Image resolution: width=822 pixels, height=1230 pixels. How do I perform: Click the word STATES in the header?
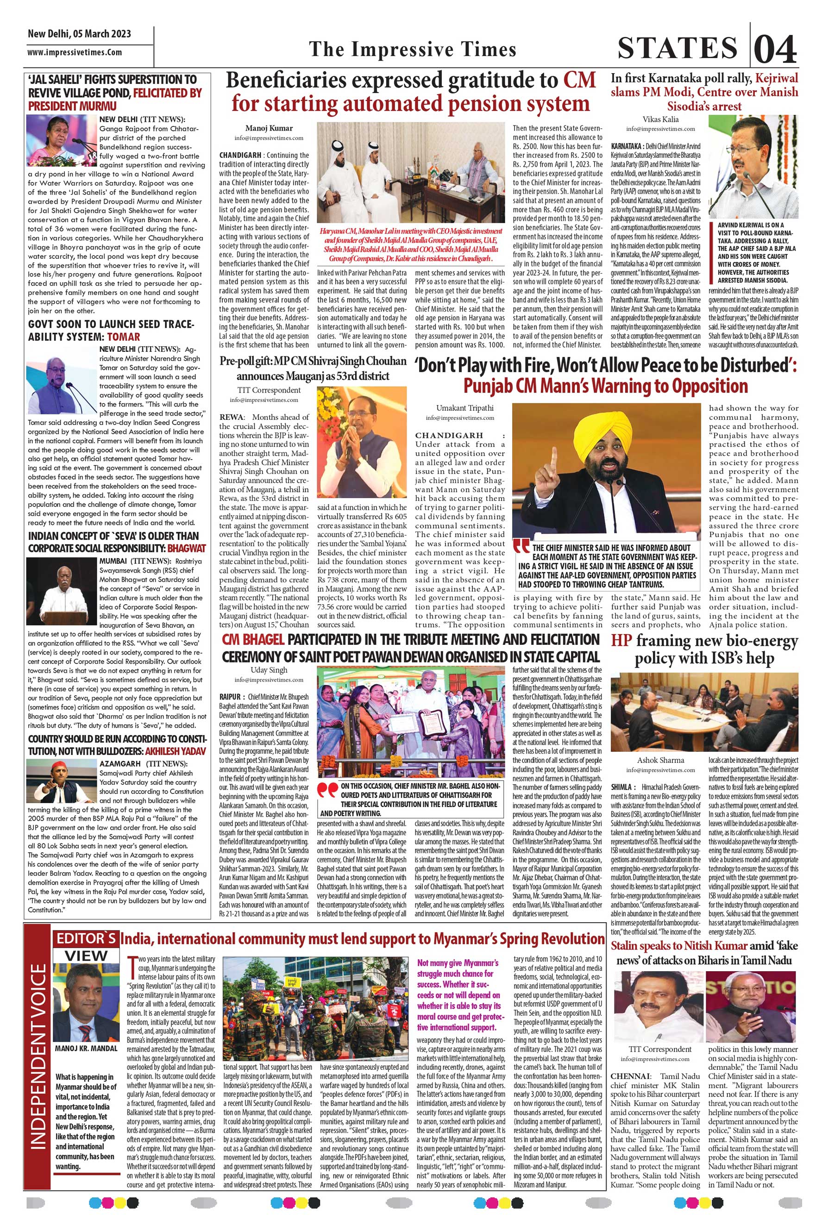coord(678,49)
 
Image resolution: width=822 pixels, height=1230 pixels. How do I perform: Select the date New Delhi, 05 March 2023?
coord(79,34)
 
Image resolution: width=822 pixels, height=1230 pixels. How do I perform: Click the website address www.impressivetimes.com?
coord(75,52)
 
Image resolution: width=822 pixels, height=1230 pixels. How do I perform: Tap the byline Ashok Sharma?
coord(660,760)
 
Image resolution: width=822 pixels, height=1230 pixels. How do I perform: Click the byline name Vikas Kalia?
coord(660,119)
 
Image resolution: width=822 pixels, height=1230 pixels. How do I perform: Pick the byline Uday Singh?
coord(269,670)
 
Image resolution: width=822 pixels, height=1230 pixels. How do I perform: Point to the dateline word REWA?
coord(231,417)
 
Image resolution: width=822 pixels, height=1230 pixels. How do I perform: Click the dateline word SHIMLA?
coord(623,787)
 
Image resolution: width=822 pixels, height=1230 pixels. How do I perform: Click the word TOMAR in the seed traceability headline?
coord(124,337)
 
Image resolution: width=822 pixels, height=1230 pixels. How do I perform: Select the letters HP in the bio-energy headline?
coord(622,641)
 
